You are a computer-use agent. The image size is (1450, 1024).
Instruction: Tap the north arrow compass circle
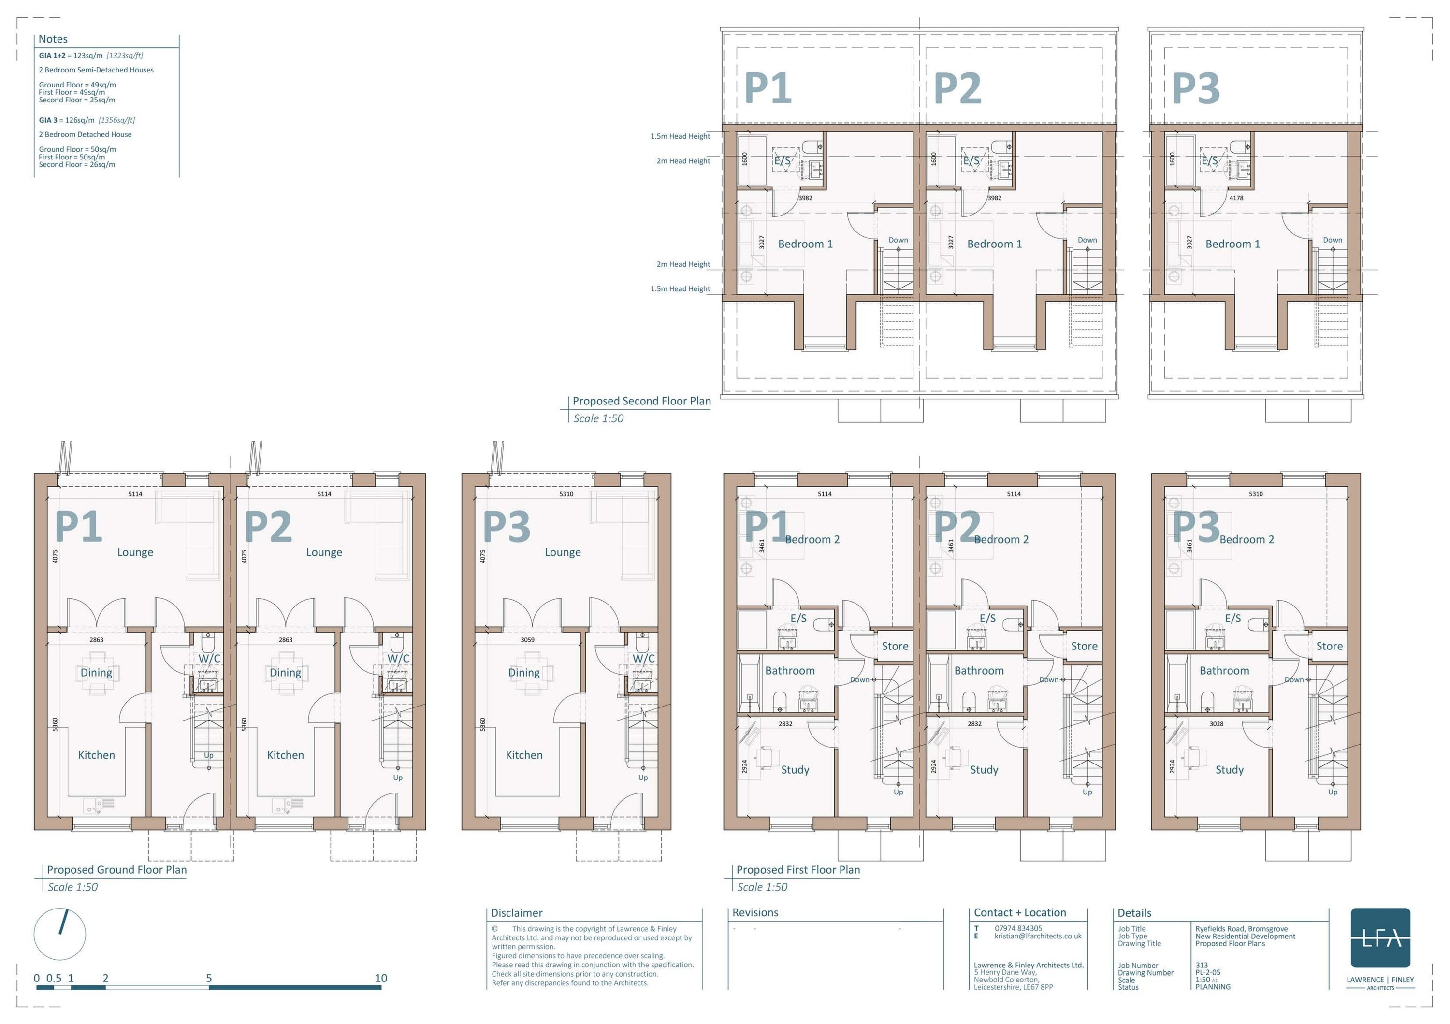coord(60,934)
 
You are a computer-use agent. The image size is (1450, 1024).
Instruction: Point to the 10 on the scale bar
coord(381,978)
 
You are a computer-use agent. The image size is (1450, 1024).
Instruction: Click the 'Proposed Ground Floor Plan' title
coord(117,869)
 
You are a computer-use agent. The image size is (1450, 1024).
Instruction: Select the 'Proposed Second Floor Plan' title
coord(642,401)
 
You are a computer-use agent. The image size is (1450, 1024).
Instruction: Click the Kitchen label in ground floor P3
coord(523,755)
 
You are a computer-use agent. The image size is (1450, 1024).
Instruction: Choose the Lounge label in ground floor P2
coord(324,552)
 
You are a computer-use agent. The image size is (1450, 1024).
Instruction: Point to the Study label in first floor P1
coord(795,770)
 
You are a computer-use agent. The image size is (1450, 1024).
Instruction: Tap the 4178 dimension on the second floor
coord(1236,198)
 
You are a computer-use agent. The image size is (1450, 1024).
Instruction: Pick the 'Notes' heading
coord(53,39)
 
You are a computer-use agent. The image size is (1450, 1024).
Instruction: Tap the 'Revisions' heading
coord(755,912)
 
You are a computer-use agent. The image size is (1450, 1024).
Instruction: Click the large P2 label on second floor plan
coord(957,88)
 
